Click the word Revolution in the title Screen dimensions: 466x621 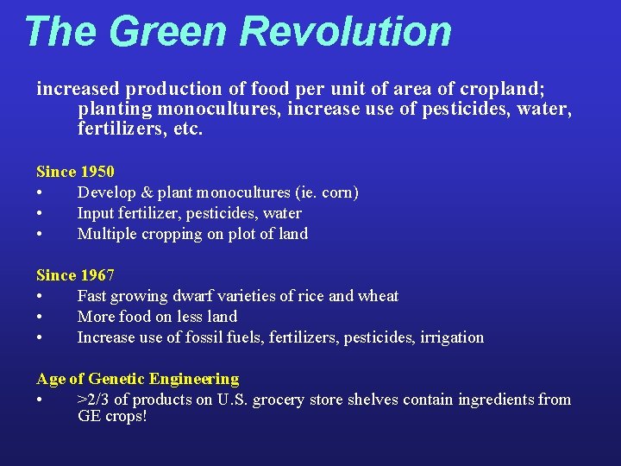(x=346, y=31)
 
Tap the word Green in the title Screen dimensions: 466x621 (x=168, y=31)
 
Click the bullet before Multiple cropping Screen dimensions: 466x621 (x=40, y=234)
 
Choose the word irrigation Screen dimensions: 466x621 (x=452, y=337)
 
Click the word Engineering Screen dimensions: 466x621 (x=194, y=379)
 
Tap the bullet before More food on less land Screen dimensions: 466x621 (x=40, y=317)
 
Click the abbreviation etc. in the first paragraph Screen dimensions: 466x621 (x=188, y=131)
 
